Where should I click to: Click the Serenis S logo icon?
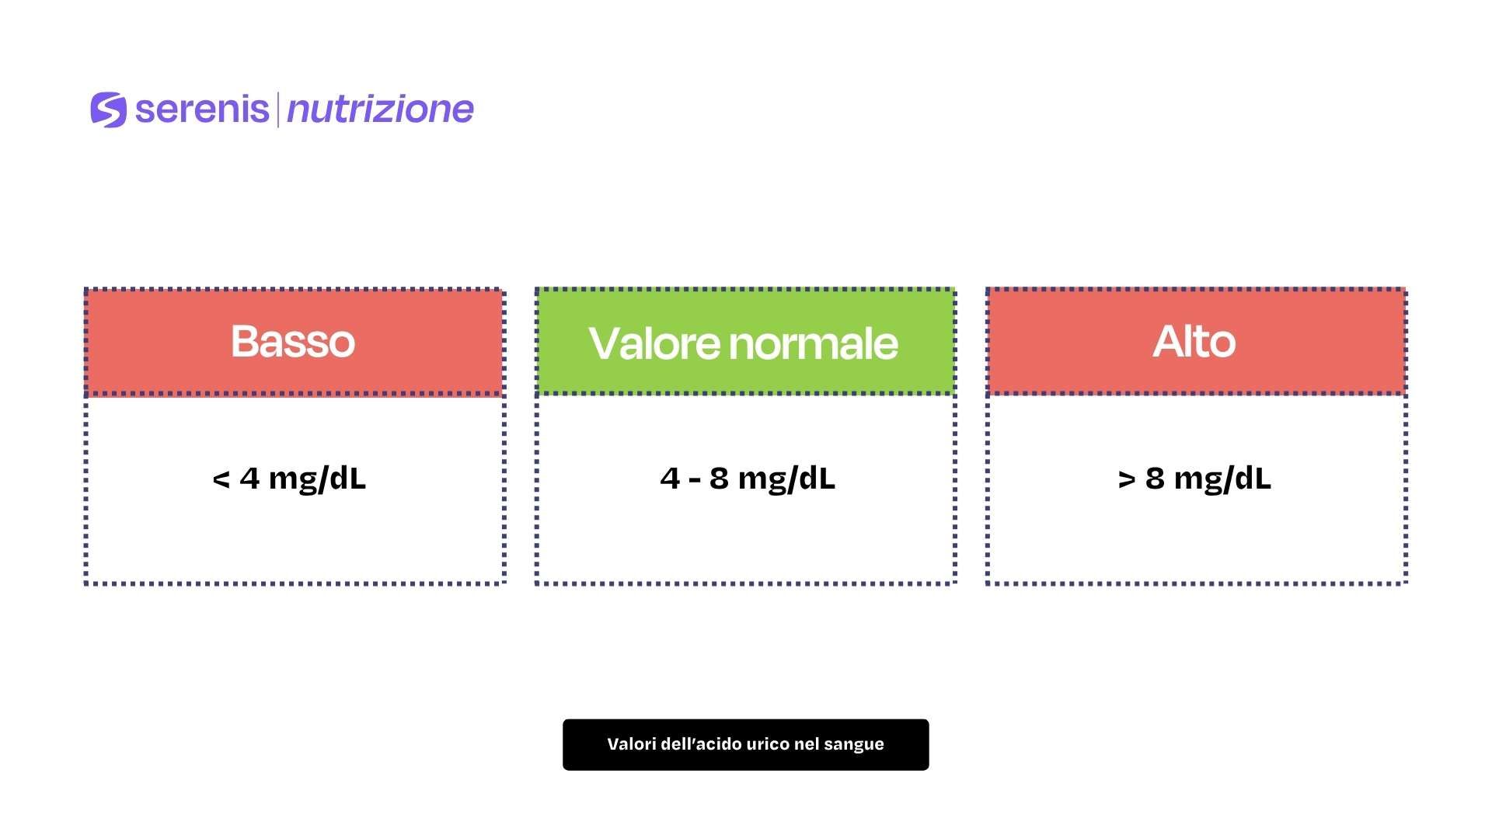108,110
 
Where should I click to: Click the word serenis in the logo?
202,109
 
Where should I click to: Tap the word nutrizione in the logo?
380,110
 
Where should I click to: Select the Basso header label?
293,341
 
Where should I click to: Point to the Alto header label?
1194,341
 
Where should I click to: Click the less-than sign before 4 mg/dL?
221,479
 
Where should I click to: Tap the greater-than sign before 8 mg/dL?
1127,479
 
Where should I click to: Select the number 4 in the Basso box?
249,479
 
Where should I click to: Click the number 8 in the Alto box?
1155,479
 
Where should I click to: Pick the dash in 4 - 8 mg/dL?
695,480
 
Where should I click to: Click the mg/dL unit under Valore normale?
786,480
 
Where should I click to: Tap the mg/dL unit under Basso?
317,480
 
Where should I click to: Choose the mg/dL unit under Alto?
1222,480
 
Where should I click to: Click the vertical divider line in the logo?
278,110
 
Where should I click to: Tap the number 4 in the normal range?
670,479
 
